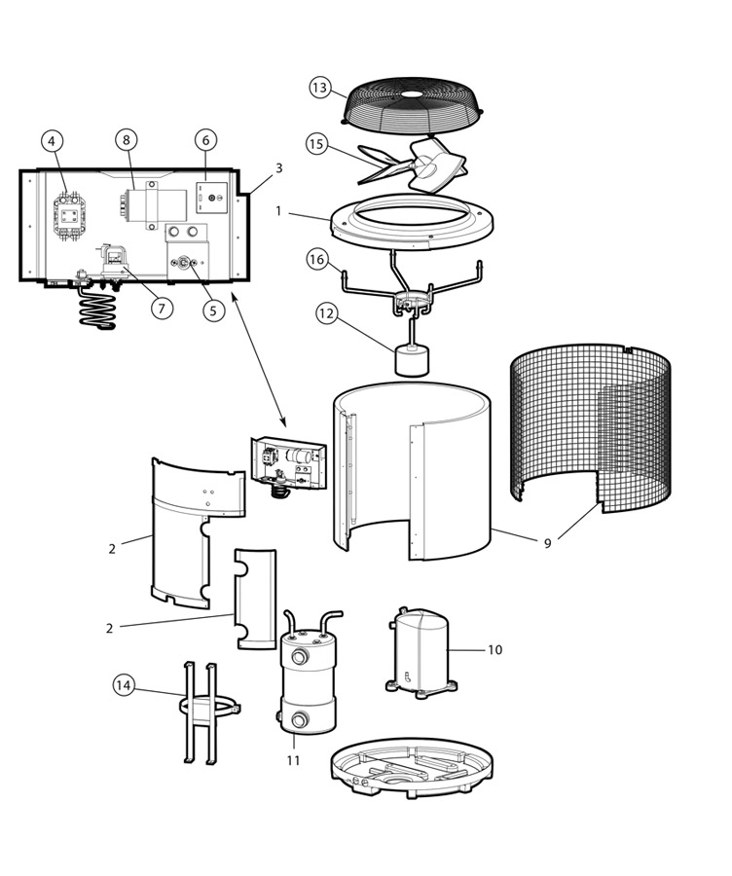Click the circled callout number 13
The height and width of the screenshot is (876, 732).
click(320, 88)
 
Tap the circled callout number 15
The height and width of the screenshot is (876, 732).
click(315, 144)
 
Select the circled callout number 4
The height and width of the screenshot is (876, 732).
click(54, 140)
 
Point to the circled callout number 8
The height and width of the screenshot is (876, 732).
click(126, 139)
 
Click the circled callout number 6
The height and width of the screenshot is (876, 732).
click(205, 139)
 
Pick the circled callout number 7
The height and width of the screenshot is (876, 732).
click(162, 309)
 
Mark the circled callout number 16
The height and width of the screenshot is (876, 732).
click(316, 259)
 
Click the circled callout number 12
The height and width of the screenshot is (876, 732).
click(327, 313)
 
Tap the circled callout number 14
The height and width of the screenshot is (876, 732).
click(123, 685)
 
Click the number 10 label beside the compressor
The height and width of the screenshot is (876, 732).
click(494, 649)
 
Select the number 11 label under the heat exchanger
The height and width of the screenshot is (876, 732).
click(293, 760)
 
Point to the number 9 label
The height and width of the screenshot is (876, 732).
click(547, 543)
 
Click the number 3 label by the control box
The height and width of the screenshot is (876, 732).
click(278, 168)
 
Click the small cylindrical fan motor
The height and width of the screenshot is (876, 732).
click(415, 360)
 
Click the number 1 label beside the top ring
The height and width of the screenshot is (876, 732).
click(278, 210)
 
